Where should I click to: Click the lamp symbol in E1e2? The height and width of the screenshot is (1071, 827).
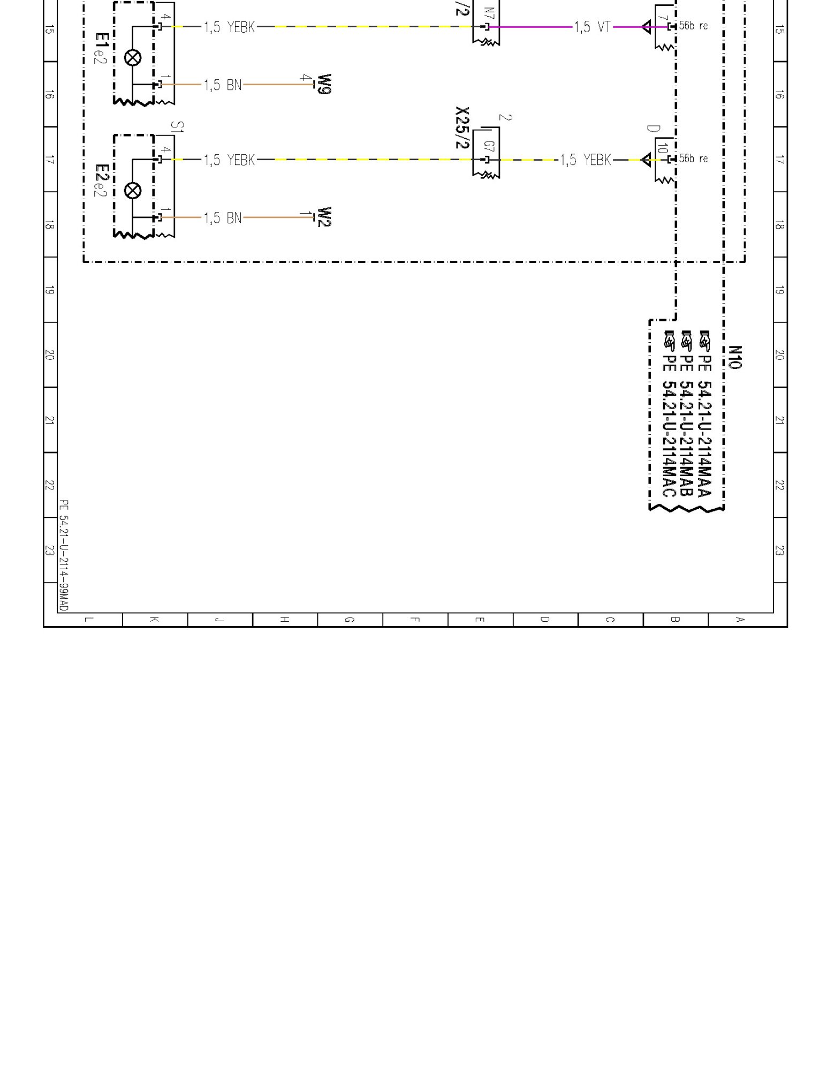point(132,57)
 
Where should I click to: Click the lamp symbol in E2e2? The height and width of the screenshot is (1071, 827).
point(132,190)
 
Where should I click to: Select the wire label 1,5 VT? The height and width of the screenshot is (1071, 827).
point(593,27)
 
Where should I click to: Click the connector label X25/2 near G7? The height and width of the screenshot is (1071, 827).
point(462,127)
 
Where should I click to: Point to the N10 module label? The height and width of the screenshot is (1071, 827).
point(734,357)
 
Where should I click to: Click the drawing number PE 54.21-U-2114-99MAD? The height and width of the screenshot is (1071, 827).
point(63,556)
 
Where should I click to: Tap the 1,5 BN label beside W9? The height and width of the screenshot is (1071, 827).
point(223,85)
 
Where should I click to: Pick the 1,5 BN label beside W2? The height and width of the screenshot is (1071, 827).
point(223,217)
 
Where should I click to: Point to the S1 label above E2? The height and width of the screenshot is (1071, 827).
point(177,127)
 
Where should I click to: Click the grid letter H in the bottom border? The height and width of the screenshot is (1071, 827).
point(285,620)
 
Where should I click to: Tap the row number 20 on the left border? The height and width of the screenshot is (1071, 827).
point(49,355)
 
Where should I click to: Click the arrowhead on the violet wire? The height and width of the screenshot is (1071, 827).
point(646,27)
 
